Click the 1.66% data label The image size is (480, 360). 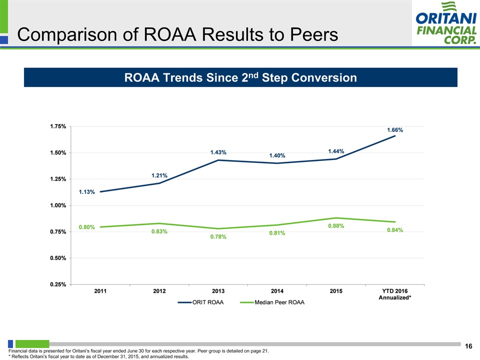(395, 130)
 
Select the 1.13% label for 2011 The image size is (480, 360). (86, 192)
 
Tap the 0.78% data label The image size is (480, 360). (218, 236)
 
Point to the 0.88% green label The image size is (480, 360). (336, 226)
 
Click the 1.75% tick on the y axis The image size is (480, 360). (57, 126)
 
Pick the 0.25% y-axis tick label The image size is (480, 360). (57, 284)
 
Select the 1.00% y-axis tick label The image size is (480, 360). (57, 205)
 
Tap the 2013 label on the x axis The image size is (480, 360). (218, 291)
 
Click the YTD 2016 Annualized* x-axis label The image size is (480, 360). (395, 294)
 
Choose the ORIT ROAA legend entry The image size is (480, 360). (201, 302)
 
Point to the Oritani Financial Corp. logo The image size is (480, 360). (445, 23)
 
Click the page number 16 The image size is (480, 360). (468, 346)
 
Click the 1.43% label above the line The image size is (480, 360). (218, 152)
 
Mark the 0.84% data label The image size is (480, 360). (395, 230)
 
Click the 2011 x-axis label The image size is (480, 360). (100, 291)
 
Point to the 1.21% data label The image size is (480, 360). (159, 175)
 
